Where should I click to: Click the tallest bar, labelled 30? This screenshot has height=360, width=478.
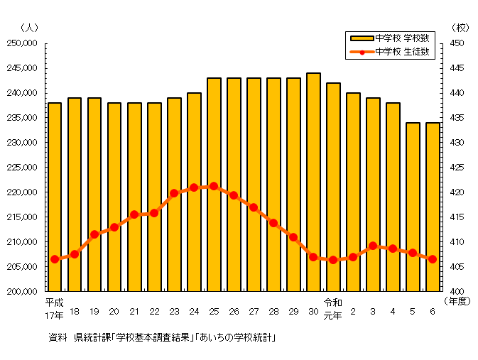pyautogui.click(x=313, y=182)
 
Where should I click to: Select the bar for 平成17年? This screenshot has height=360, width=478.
pyautogui.click(x=55, y=197)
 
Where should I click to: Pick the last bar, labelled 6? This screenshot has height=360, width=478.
pyautogui.click(x=433, y=207)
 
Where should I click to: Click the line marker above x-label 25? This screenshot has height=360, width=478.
pyautogui.click(x=214, y=186)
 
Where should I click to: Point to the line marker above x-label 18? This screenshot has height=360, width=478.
pyautogui.click(x=75, y=253)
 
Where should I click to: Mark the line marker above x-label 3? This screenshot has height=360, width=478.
pyautogui.click(x=373, y=246)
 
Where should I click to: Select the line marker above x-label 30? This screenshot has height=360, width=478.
pyautogui.click(x=313, y=256)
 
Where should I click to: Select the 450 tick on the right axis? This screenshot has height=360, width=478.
pyautogui.click(x=455, y=43)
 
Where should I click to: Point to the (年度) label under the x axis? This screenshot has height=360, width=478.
pyautogui.click(x=458, y=301)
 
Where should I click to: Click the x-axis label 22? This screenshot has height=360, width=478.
pyautogui.click(x=154, y=312)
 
